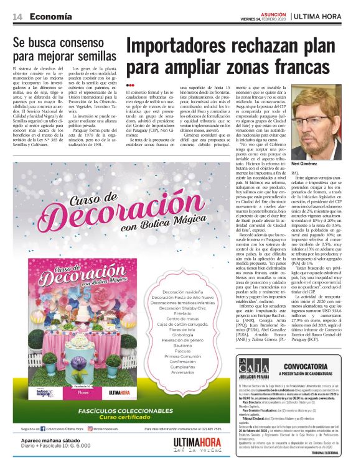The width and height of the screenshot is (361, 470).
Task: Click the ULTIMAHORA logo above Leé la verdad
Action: coord(197,442)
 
